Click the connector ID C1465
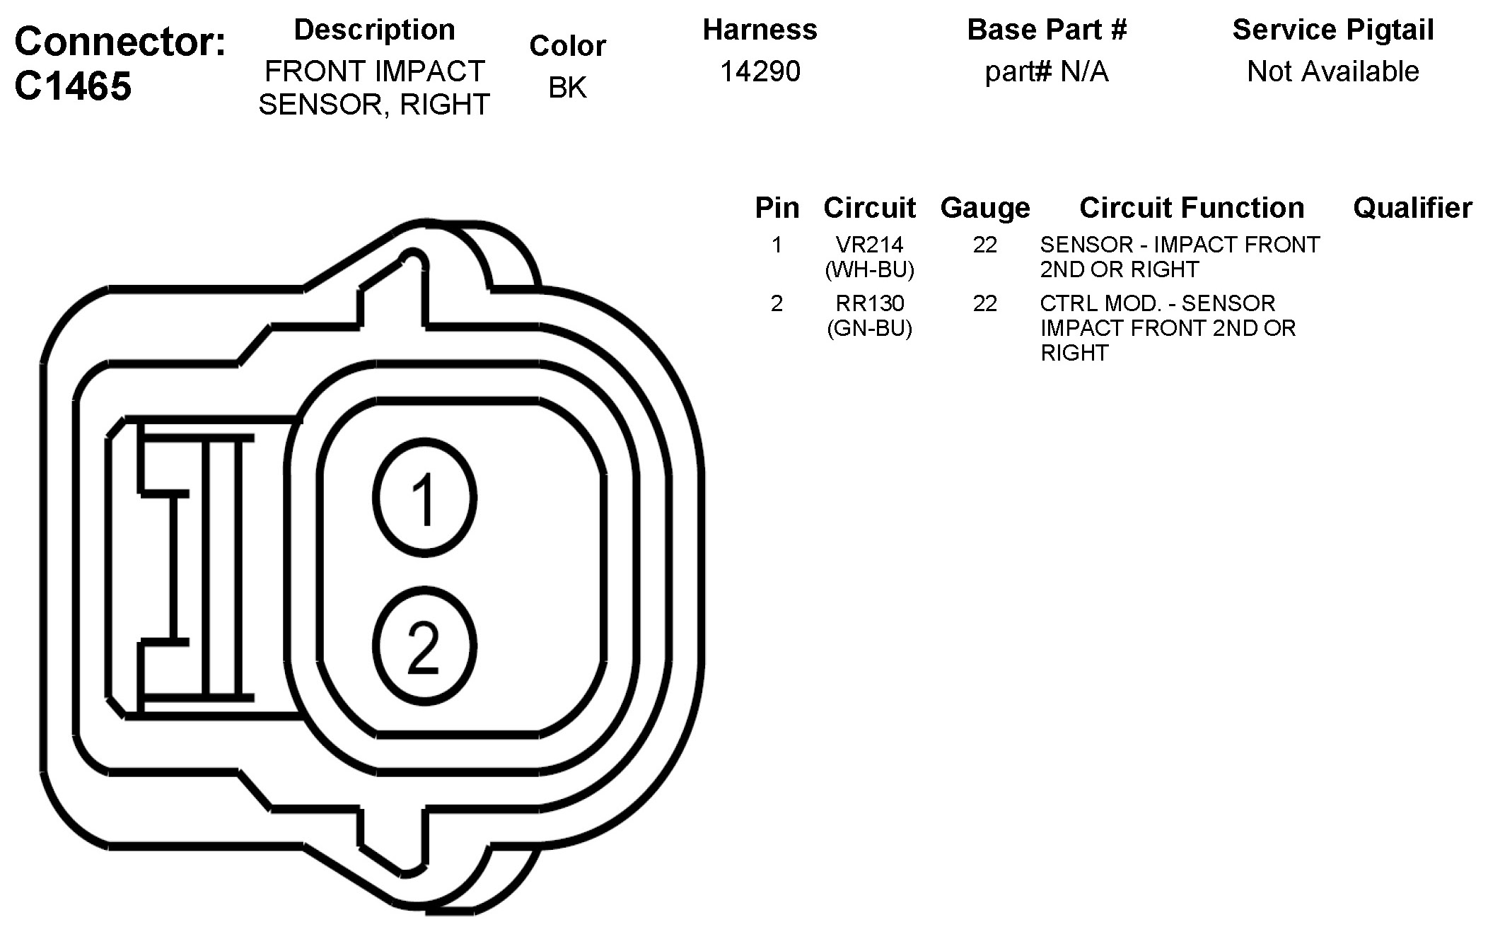point(73,86)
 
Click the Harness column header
point(760,30)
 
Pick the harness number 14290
point(760,71)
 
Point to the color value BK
point(567,88)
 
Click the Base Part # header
point(1047,30)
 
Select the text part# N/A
point(1047,71)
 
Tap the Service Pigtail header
point(1333,30)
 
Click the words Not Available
point(1333,71)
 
